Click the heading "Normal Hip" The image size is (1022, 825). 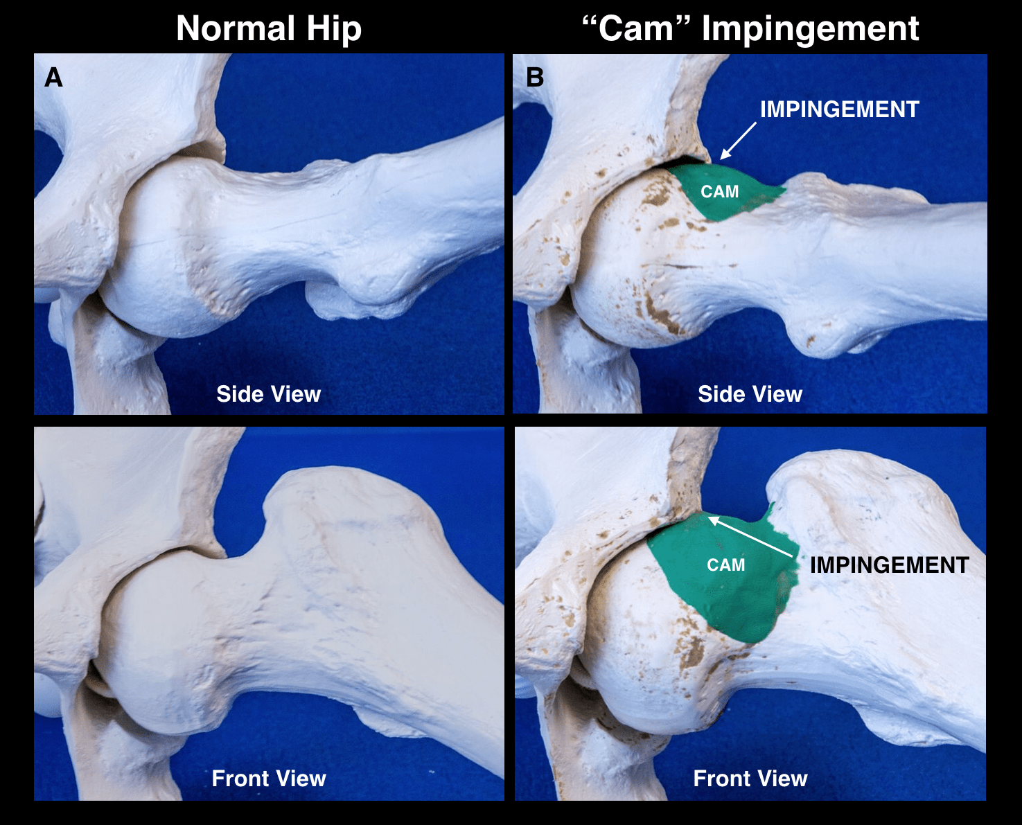click(269, 29)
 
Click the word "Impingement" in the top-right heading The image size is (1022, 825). click(810, 29)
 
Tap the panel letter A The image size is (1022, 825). click(53, 78)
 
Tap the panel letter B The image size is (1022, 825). click(535, 78)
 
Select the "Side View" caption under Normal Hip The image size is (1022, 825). click(268, 394)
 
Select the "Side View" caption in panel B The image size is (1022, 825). click(750, 394)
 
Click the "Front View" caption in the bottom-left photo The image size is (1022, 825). click(268, 779)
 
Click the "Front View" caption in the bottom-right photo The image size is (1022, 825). click(750, 779)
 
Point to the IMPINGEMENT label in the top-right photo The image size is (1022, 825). click(839, 109)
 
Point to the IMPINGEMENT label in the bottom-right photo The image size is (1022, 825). click(889, 565)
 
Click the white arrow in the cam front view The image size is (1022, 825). click(750, 537)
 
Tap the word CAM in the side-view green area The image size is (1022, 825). click(719, 192)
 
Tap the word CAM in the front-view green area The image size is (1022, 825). click(725, 565)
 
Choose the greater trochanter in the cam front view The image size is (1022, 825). click(859, 499)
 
